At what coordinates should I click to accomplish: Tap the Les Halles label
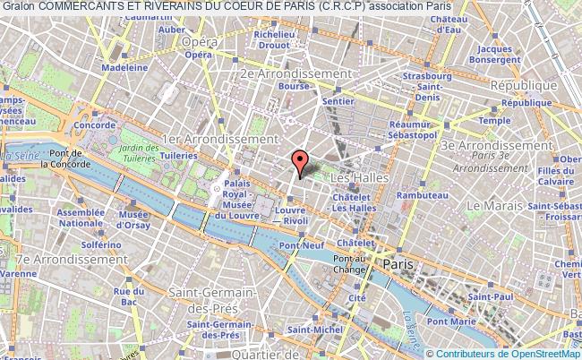[367, 178]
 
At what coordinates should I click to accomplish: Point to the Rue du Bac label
[135, 296]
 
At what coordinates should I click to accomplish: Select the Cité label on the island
[357, 298]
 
